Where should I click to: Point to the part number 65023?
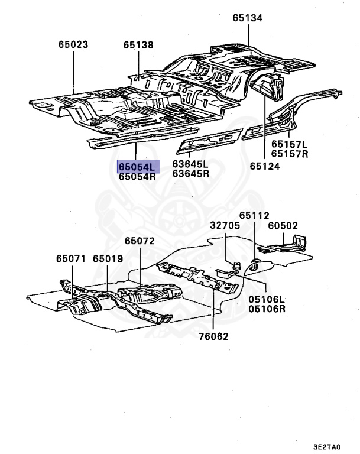pos(73,44)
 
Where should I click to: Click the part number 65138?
pos(138,44)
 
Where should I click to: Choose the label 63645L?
pos(190,164)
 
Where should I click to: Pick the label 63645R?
pos(190,174)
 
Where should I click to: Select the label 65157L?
pos(290,144)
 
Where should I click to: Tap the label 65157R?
pos(290,154)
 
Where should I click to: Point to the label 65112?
pos(254,216)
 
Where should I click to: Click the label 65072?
pos(140,241)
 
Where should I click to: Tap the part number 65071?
pos(72,258)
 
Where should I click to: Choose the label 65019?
pos(108,258)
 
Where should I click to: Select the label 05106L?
pos(267,300)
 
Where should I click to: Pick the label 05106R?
pos(267,309)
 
